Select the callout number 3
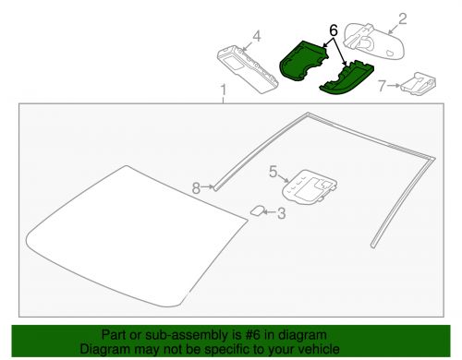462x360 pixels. (x=281, y=214)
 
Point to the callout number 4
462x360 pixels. (x=257, y=37)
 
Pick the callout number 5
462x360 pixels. (x=274, y=171)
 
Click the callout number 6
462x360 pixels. (x=333, y=30)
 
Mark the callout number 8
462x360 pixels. (x=196, y=187)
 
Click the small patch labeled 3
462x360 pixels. (x=257, y=211)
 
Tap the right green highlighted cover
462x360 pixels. (x=346, y=78)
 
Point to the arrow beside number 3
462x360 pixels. (x=269, y=214)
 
